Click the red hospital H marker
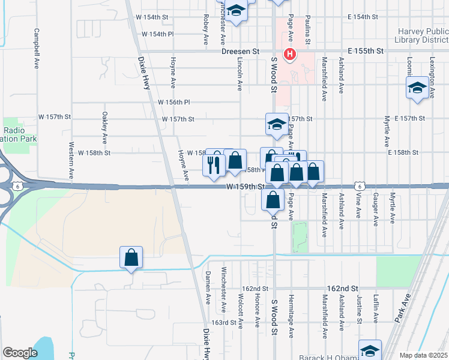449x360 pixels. tap(290, 54)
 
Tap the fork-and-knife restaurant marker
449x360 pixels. tap(214, 164)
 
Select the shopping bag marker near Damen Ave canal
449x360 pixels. tap(131, 258)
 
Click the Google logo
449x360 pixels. tap(20, 353)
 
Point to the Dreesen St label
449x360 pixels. tap(240, 52)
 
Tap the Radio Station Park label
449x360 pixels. tap(19, 134)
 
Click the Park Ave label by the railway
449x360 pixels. tap(403, 308)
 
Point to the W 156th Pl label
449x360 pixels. tap(174, 102)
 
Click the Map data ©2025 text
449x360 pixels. tap(424, 355)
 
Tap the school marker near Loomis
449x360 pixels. tap(417, 89)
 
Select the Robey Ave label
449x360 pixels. tap(206, 29)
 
